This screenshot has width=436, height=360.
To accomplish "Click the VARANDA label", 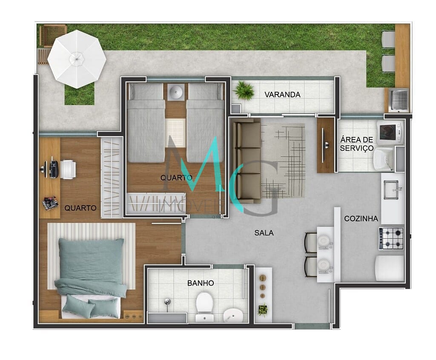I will tap(282, 94).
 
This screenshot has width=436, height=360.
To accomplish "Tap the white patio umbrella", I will tap(77, 58).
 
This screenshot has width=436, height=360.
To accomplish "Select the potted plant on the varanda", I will tap(244, 90).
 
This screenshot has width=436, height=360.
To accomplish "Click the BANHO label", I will tap(201, 283).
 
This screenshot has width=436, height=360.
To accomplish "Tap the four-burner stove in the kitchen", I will tap(391, 238).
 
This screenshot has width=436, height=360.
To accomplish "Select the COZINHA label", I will tap(361, 219).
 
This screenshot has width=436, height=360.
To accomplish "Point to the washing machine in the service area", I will tap(389, 132).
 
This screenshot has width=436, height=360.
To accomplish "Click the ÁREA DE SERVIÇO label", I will tap(357, 144).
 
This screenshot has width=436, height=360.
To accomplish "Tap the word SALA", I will tap(264, 233).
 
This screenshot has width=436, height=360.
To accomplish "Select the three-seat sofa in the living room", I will tap(246, 161).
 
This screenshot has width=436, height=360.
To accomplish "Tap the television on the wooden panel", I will tap(326, 145).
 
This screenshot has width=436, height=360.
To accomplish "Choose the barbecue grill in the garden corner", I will tap(399, 100).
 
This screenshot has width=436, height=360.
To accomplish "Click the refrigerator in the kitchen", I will tap(390, 268).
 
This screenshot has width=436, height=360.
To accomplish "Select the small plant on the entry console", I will tap(263, 309).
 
